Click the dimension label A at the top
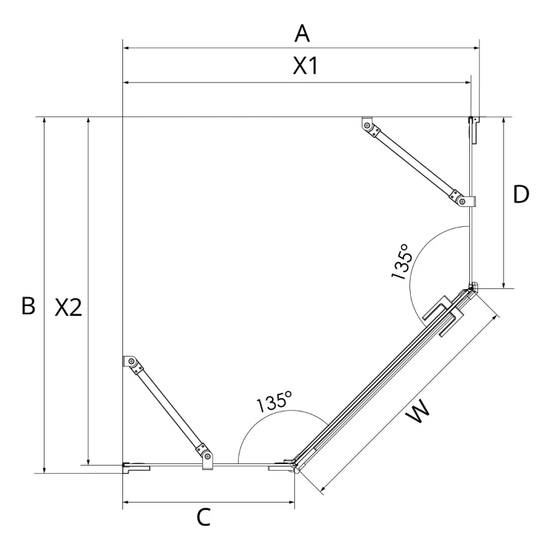[x=302, y=33]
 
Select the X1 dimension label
[x=305, y=66]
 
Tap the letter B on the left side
[x=28, y=305]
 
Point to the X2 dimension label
[x=68, y=307]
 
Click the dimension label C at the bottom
[x=204, y=517]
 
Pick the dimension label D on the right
[x=521, y=194]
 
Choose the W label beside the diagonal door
[x=418, y=411]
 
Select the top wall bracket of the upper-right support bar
[x=367, y=123]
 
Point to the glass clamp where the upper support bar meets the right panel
[x=466, y=202]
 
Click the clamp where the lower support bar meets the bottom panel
[x=208, y=458]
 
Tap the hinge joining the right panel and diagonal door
[x=473, y=286]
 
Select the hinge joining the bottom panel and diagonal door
[x=296, y=466]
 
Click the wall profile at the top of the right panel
[x=474, y=130]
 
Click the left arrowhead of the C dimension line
[x=125, y=502]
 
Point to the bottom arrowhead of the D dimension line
[x=503, y=285]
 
